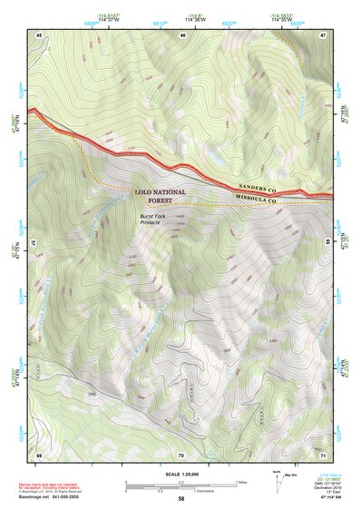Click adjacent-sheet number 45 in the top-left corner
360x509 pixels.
tap(39, 34)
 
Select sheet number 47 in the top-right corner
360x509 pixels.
tap(324, 34)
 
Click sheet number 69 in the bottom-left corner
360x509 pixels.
tap(39, 454)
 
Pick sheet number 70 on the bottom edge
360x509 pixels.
tap(181, 454)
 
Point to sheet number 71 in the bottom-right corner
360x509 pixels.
tap(324, 454)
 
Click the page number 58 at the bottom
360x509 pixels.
tap(181, 499)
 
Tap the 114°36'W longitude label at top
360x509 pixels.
tap(194, 21)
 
